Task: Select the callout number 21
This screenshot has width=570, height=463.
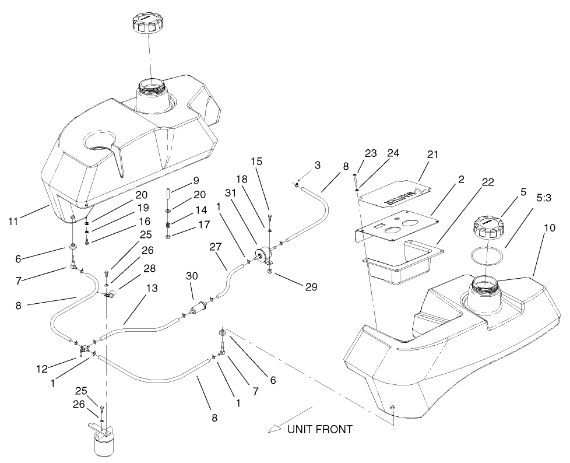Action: coord(432,155)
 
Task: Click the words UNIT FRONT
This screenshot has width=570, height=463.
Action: coord(319,430)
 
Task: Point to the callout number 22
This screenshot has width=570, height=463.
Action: coord(487,183)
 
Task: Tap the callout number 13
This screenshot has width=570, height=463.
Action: coord(152,289)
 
